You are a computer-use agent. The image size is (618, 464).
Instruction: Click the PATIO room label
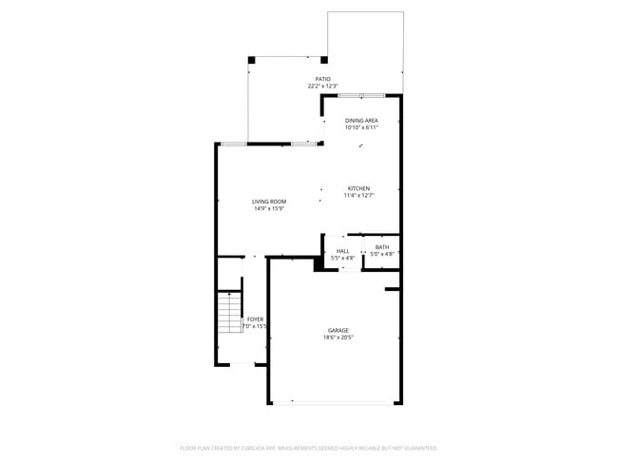[324, 79]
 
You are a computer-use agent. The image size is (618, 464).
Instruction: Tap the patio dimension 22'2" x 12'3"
[324, 87]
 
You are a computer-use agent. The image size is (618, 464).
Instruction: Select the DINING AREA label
[361, 121]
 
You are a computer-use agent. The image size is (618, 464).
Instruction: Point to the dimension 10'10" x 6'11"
[361, 128]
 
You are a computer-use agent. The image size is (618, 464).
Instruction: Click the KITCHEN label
[358, 188]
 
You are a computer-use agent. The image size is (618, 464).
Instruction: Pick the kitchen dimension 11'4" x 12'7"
[358, 196]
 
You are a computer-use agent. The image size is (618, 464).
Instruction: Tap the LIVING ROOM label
[269, 202]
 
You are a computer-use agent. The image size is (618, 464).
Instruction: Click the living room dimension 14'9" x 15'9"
[269, 209]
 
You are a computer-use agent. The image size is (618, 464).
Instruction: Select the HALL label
[342, 251]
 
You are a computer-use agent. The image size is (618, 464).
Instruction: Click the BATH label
[381, 247]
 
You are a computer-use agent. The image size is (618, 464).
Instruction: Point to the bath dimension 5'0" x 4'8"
[381, 254]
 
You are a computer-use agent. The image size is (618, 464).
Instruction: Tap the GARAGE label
[338, 330]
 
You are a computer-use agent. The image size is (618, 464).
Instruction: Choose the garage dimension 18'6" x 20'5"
[338, 338]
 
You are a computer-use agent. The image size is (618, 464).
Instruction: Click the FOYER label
[255, 319]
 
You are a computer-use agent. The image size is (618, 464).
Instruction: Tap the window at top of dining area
[361, 95]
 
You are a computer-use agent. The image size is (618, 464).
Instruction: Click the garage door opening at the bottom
[333, 403]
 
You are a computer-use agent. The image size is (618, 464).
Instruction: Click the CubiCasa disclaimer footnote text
[308, 447]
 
